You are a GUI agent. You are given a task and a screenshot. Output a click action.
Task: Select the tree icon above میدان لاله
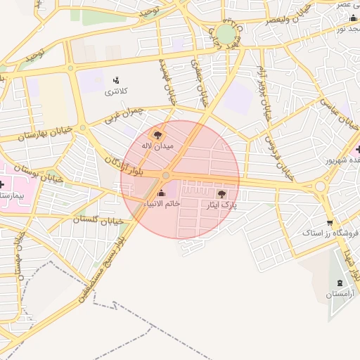(x=157, y=134)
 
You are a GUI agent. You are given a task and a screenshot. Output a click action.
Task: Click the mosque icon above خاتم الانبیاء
(x=162, y=193)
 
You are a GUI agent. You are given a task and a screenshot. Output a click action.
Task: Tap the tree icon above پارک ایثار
(x=221, y=193)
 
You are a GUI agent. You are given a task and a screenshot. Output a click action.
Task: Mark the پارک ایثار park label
(x=221, y=205)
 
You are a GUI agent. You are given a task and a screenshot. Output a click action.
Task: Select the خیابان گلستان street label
(x=98, y=220)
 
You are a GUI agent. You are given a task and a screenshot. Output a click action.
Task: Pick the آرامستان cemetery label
(x=340, y=293)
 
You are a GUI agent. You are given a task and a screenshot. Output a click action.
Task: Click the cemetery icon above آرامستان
(x=340, y=282)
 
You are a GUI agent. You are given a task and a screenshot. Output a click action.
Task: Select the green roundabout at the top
(x=226, y=34)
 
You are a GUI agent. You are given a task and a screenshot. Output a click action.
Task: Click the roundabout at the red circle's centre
(x=166, y=175)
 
